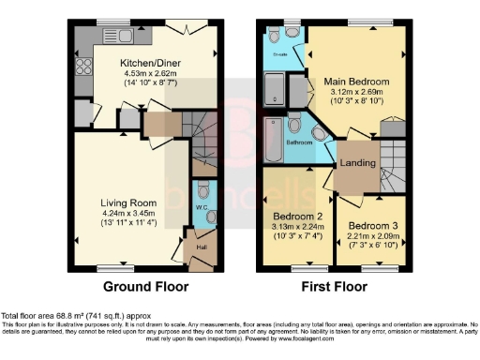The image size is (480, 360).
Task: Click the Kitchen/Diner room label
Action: (x=150, y=63)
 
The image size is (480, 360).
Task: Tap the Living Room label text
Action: (x=128, y=201)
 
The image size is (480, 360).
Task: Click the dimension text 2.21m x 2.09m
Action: (x=374, y=237)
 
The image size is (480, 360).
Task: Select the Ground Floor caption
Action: (x=145, y=287)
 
